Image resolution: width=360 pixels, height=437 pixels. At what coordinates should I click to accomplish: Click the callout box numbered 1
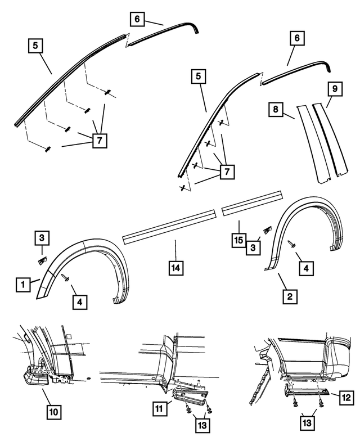coord(23,285)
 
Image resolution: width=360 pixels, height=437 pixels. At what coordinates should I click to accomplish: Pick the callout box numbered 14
coord(177,269)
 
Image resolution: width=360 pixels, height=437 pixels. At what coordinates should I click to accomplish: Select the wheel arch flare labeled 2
coord(304,225)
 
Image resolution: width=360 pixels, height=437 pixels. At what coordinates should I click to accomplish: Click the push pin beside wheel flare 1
coord(66,277)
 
